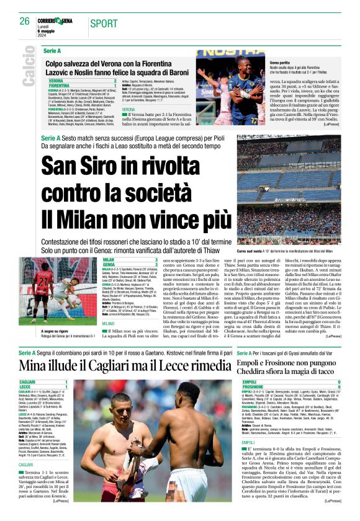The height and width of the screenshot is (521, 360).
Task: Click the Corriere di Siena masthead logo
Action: point(57,20)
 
